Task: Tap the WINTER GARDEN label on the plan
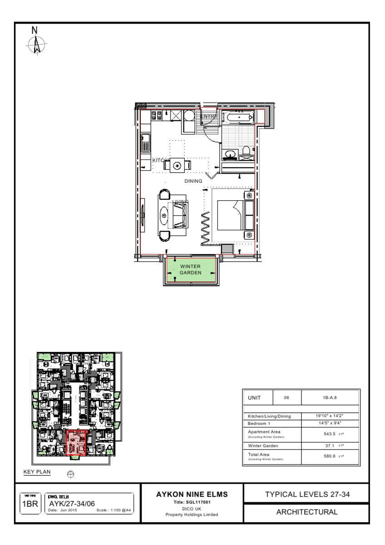pos(190,269)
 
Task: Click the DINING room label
pos(193,181)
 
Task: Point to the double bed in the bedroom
pos(234,216)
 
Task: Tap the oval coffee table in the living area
pos(164,215)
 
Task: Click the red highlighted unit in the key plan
pos(76,442)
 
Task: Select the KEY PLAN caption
pos(37,472)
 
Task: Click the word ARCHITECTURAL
pos(307,512)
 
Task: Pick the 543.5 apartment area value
pos(329,434)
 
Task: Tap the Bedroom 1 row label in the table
pos(259,423)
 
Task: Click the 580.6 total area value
pos(329,456)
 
